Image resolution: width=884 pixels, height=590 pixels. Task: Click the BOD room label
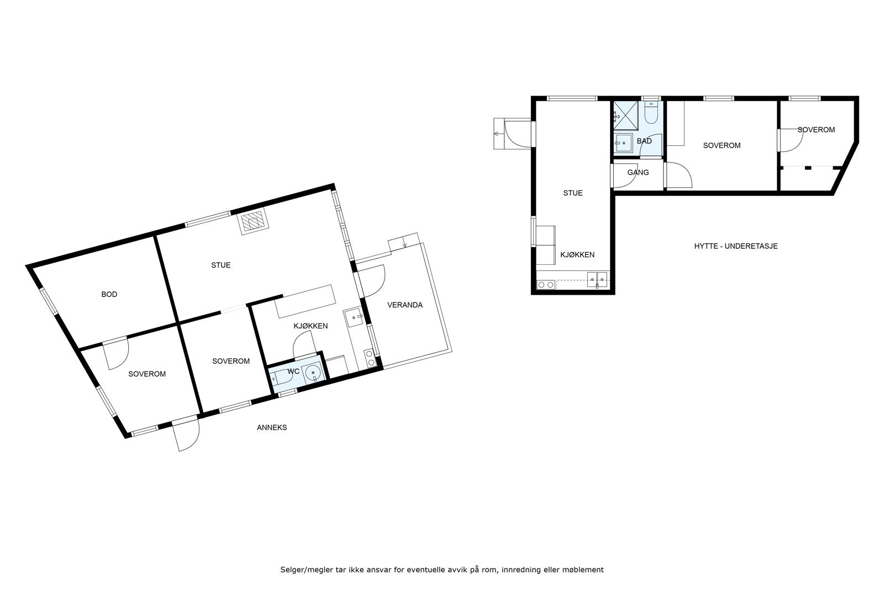coord(109,294)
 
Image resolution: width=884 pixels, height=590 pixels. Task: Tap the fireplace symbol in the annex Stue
coord(254,222)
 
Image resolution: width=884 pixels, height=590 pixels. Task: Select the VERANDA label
coord(404,305)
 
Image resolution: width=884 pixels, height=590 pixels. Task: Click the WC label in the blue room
coord(293,371)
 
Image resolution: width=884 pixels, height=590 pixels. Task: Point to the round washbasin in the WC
coord(313,374)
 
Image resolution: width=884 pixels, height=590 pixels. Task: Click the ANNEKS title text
coord(272,427)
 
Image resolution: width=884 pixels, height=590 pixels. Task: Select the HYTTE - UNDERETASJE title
coord(735,246)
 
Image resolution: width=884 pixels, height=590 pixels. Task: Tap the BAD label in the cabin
coord(644,141)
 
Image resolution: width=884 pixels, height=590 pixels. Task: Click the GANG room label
coord(638,173)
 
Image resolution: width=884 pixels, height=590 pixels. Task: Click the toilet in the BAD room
coord(651,115)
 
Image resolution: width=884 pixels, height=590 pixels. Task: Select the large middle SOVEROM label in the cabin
coord(722,145)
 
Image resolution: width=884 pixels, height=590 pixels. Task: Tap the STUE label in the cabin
coord(572,193)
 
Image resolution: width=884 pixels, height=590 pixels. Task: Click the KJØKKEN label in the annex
coord(310,326)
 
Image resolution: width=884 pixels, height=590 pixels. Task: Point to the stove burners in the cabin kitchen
coord(546,285)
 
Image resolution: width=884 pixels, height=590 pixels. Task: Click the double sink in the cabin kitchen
coord(597,278)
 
